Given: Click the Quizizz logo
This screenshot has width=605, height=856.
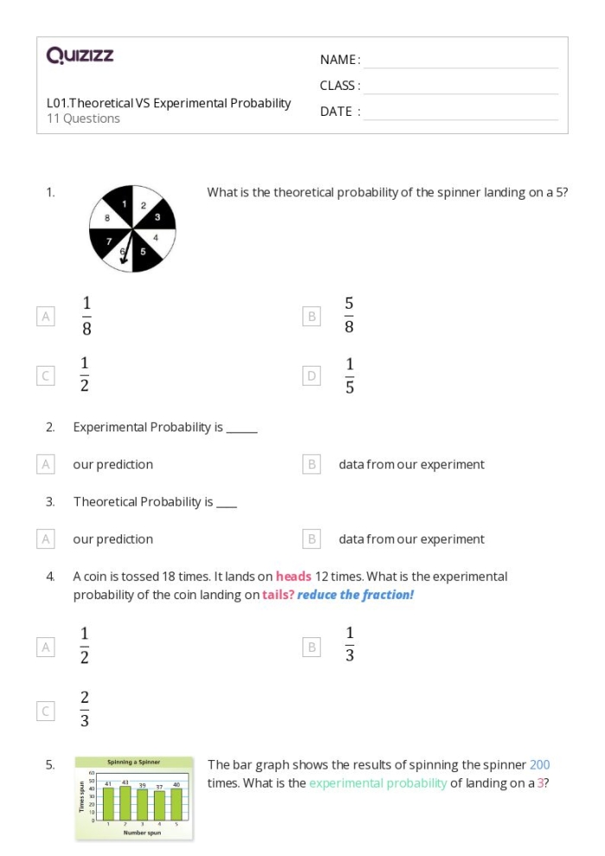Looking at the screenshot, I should pos(80,56).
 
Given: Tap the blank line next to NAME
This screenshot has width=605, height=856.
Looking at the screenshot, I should pos(461,61).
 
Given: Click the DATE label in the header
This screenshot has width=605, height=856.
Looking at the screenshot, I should pos(340,112).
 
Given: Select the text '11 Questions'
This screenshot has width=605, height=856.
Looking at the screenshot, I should pos(83,118).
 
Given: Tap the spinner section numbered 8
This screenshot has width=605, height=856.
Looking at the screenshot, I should pos(107,218).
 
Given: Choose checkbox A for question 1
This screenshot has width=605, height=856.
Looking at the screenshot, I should pos(46,316).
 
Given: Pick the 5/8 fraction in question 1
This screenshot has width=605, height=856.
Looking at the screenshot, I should pos(348,316).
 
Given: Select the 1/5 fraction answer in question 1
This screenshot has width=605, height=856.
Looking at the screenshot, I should pos(348,375).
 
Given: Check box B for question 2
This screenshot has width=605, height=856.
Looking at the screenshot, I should pos(312,464).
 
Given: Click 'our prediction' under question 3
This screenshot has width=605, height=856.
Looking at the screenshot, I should pos(112,539).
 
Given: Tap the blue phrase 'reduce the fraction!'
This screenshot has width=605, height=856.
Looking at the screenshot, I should pos(355,595).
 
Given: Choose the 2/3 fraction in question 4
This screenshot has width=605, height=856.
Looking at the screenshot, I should pos(85,710).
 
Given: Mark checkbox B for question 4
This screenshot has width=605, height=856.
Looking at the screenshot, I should pos(312,646).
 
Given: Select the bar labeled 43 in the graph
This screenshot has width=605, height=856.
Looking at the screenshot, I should pos(126,803).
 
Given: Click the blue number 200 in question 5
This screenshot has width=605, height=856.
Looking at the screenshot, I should pos(539,764).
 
